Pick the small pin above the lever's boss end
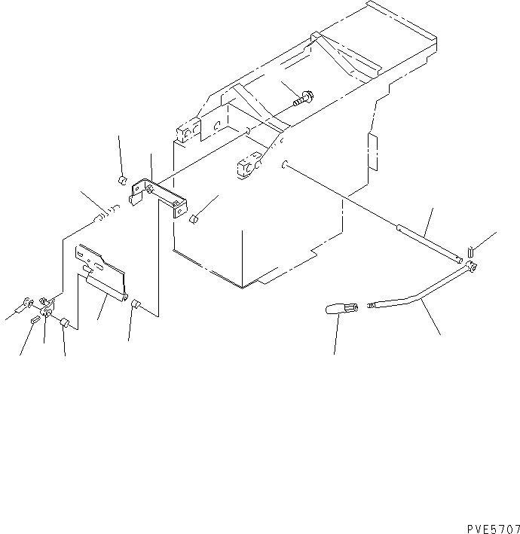(x=471, y=251)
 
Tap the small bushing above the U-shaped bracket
(x=121, y=181)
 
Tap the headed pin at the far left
(x=27, y=304)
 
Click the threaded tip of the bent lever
(x=372, y=305)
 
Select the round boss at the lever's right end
(x=472, y=265)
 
